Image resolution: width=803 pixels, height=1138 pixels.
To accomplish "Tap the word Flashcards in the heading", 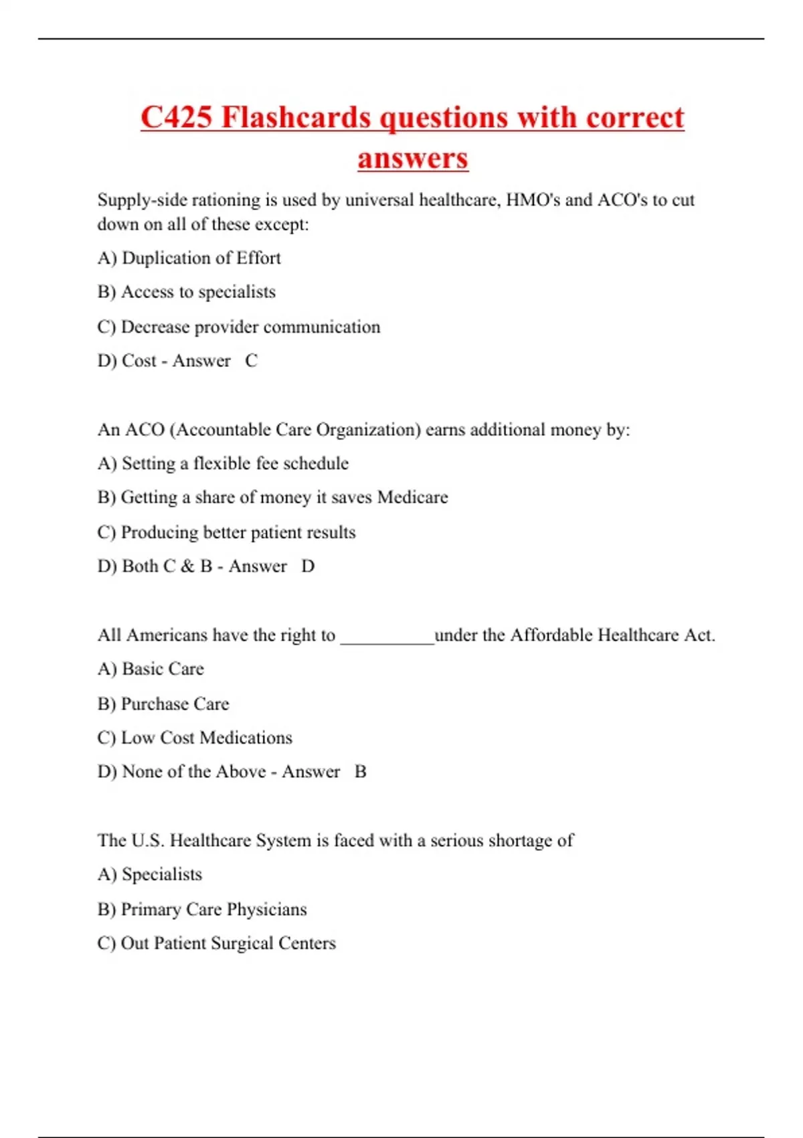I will (296, 118).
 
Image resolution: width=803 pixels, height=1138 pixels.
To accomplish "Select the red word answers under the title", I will (412, 159).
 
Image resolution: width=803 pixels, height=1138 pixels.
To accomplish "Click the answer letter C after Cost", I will (251, 361).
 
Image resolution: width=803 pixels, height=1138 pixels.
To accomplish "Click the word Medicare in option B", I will (412, 497).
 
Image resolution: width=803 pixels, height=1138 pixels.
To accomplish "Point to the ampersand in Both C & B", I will (187, 567).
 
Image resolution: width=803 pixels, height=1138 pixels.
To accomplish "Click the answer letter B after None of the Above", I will (360, 772).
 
